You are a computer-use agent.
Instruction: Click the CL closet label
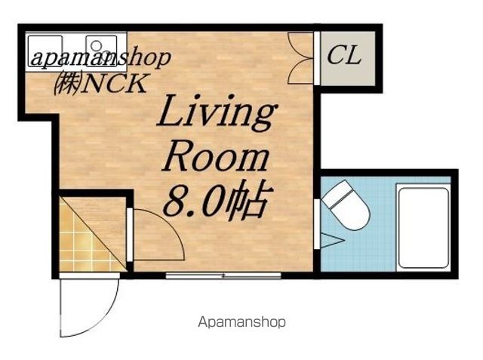[343, 55]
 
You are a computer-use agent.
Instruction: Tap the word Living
[217, 113]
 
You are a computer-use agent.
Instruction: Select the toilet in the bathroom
[346, 205]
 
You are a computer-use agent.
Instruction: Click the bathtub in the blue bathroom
[423, 227]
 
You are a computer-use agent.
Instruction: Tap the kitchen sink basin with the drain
[101, 51]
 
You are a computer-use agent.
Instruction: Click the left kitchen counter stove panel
[45, 51]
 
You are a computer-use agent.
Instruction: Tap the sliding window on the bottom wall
[223, 275]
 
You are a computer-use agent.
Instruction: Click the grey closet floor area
[348, 58]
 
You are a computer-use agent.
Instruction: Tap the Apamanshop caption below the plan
[241, 322]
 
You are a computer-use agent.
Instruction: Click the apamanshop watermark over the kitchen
[100, 58]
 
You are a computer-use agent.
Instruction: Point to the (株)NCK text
[100, 83]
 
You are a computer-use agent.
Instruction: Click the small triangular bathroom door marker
[332, 240]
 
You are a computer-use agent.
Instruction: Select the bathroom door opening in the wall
[317, 224]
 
